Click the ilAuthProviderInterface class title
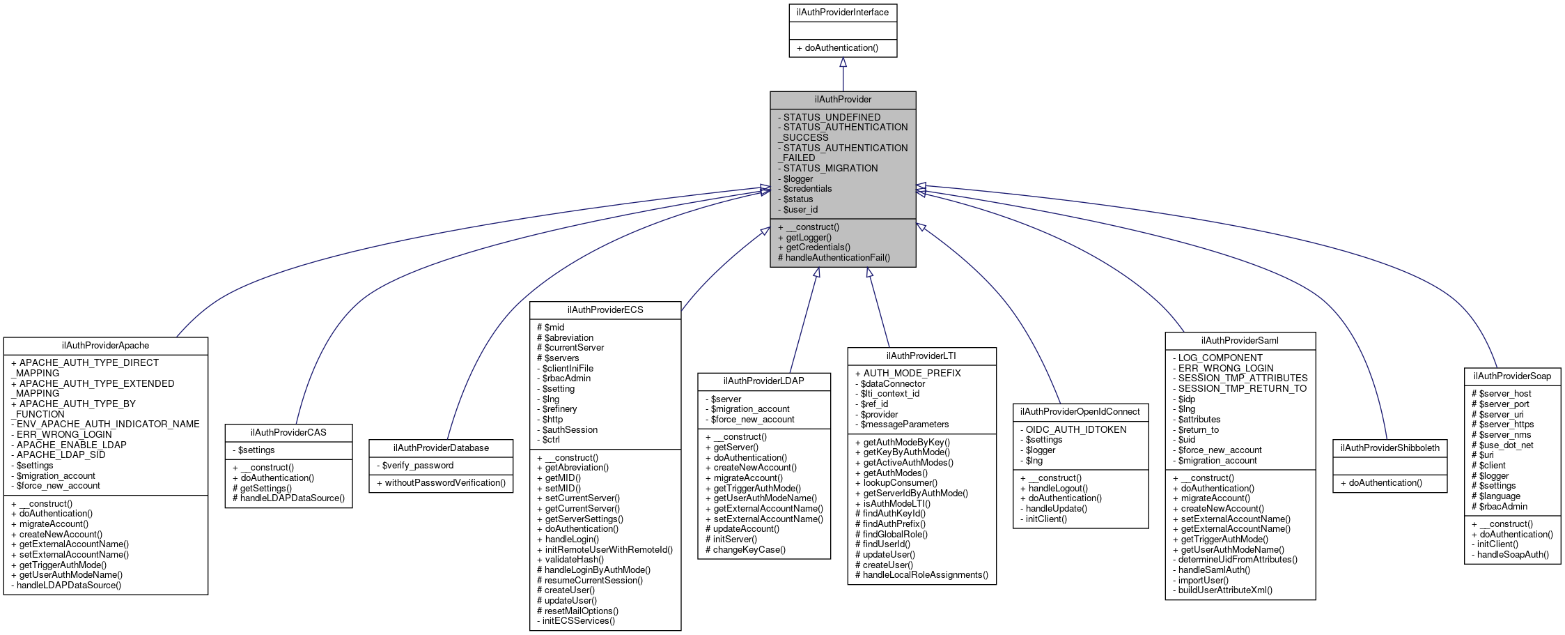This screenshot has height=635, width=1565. pyautogui.click(x=843, y=13)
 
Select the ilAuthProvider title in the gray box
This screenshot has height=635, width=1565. pyautogui.click(x=843, y=100)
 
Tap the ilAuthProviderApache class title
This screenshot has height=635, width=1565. pyautogui.click(x=105, y=346)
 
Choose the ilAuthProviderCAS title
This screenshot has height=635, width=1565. pyautogui.click(x=288, y=433)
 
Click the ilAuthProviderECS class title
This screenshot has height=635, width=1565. pyautogui.click(x=605, y=309)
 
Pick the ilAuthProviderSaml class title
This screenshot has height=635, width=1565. pyautogui.click(x=1240, y=341)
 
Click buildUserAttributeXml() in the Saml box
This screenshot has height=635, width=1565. pyautogui.click(x=1225, y=590)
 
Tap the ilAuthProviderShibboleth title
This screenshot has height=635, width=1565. pyautogui.click(x=1389, y=448)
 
